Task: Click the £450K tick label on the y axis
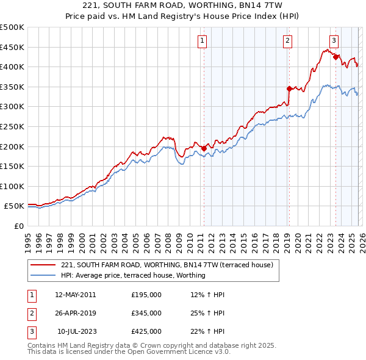(12, 47)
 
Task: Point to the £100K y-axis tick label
(12, 186)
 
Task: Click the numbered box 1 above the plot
(202, 41)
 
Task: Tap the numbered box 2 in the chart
(287, 41)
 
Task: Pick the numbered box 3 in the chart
(334, 41)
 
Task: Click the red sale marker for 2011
(204, 148)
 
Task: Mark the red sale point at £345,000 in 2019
(289, 88)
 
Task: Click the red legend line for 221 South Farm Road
(43, 265)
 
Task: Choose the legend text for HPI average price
(133, 275)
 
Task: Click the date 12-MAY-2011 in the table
(75, 295)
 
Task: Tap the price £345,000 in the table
(146, 313)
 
